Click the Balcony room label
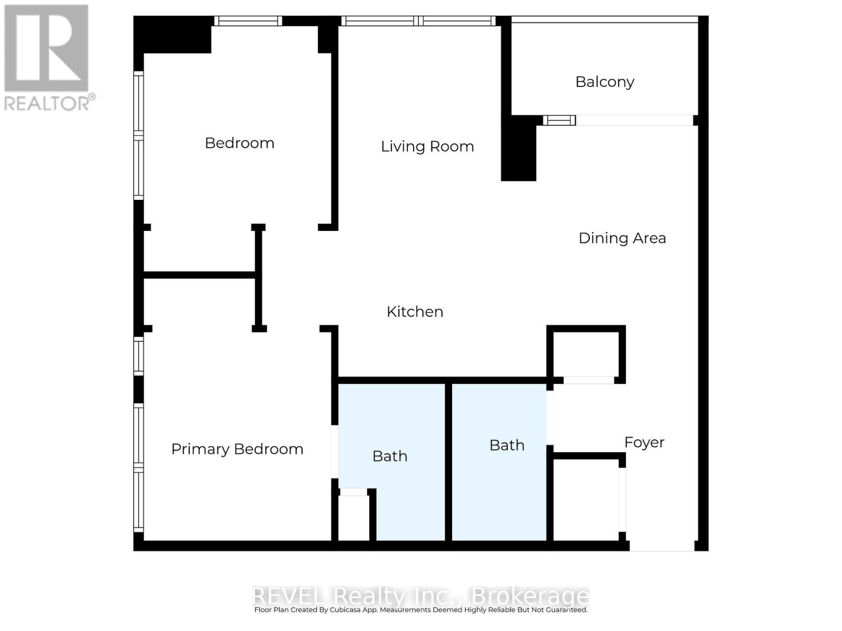(x=605, y=82)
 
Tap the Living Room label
(x=427, y=146)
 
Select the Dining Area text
(x=622, y=238)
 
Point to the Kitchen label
(x=415, y=312)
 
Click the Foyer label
(x=645, y=443)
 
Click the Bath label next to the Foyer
(x=507, y=445)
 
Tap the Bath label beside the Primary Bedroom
(x=390, y=456)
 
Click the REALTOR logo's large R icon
(x=46, y=48)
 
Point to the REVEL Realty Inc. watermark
(x=420, y=596)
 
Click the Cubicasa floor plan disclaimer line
(x=421, y=609)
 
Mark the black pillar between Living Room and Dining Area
(x=518, y=148)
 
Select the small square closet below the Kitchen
(x=586, y=354)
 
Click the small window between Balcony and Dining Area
(x=559, y=120)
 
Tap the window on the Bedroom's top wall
(x=248, y=21)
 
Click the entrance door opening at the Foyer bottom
(x=662, y=546)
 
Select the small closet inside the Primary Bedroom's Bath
(x=354, y=515)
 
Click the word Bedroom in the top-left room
(x=239, y=143)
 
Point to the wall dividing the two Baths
(x=448, y=462)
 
